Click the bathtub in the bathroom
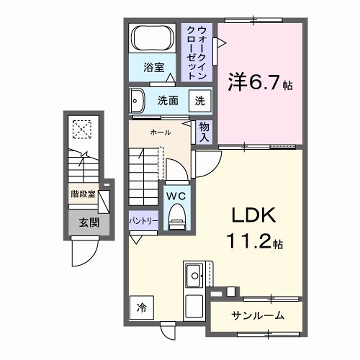pos(153,40)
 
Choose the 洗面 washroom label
pos(167,101)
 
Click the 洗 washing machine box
pos(199,101)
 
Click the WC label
pos(176,195)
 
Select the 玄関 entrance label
pos(79,221)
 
